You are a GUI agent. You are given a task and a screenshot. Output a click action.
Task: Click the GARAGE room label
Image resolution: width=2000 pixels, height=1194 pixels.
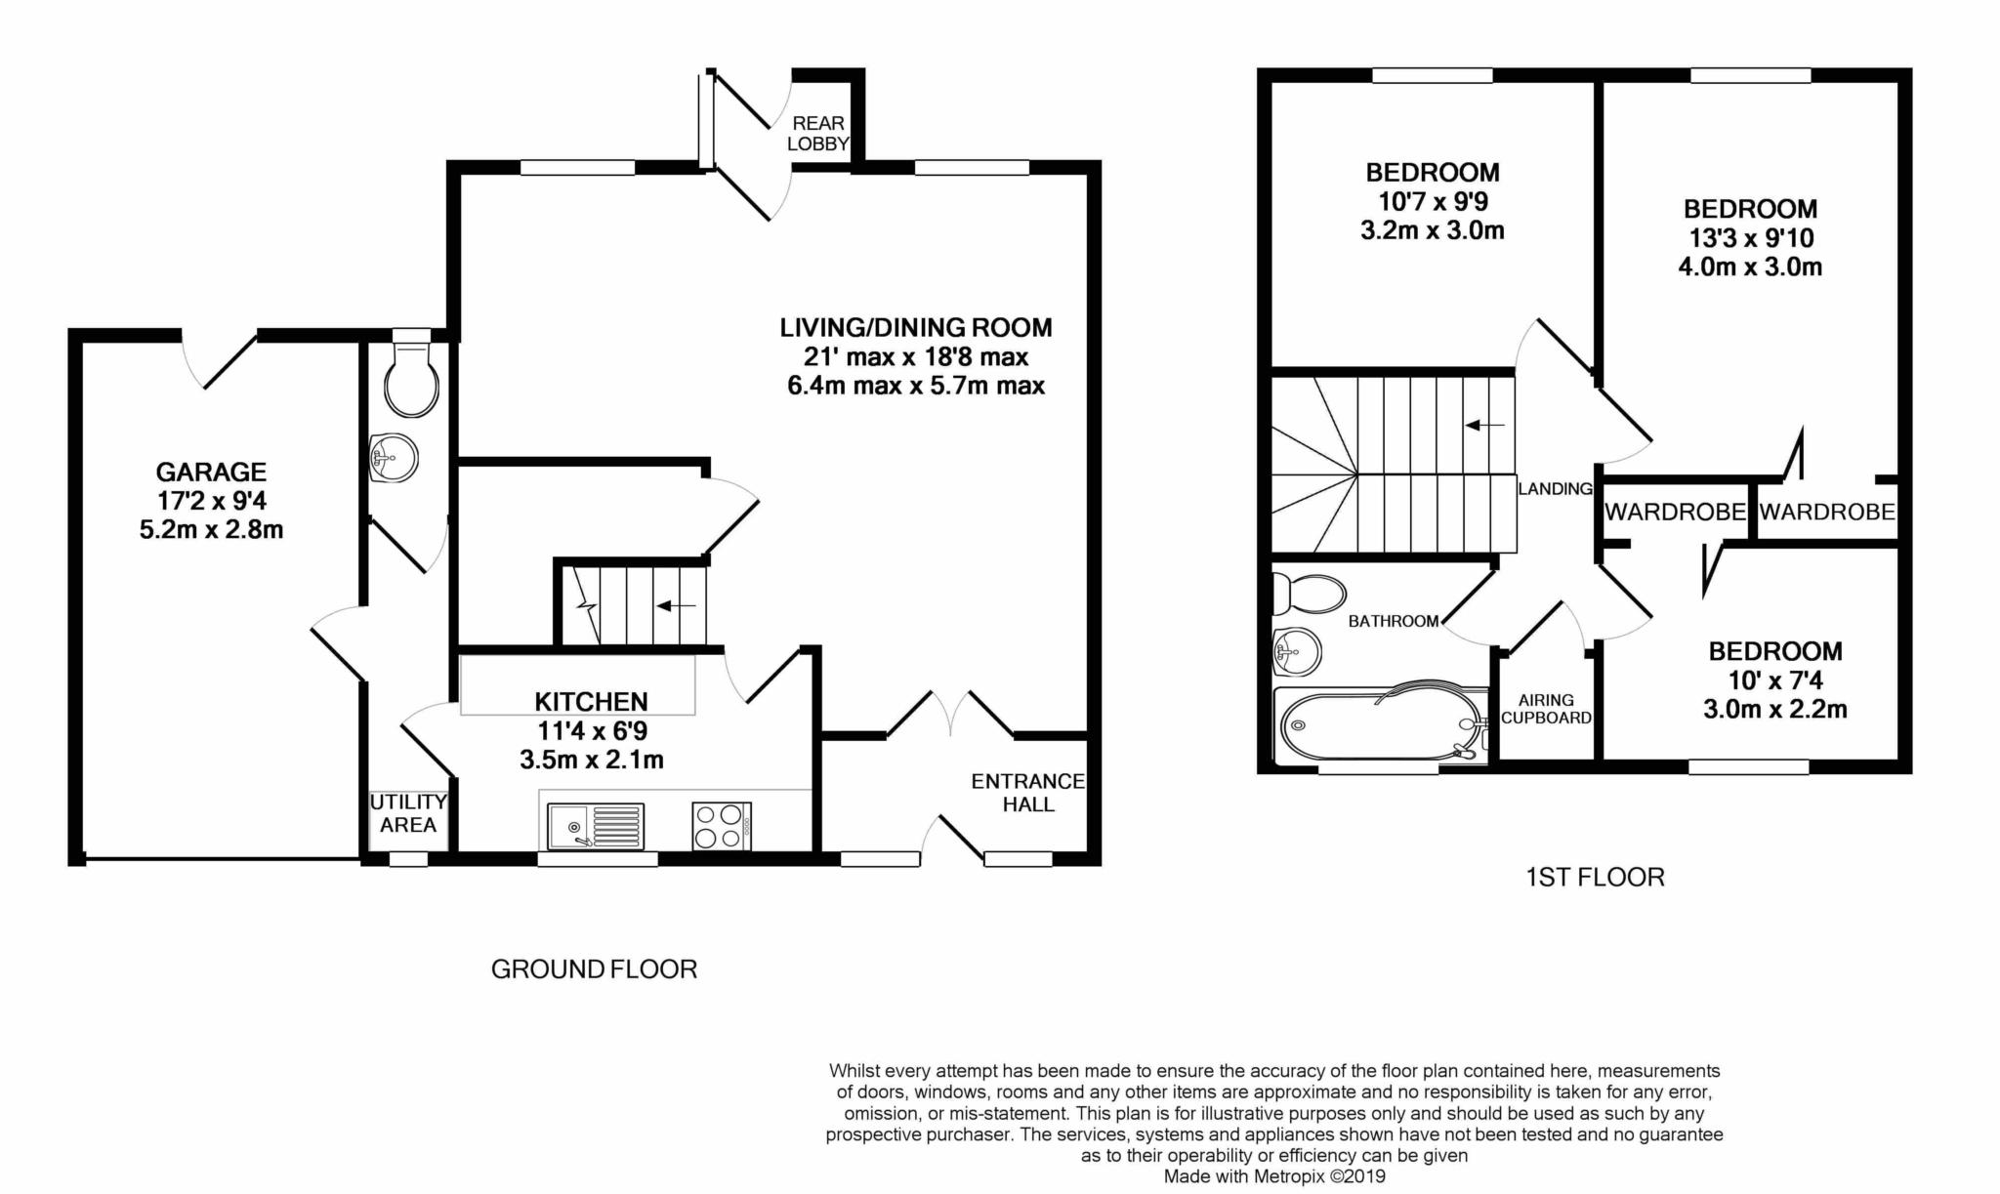click(211, 473)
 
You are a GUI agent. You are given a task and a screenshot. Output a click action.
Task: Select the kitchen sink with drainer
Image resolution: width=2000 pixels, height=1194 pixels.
click(595, 826)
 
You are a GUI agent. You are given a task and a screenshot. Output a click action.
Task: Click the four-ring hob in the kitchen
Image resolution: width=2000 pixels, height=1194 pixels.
click(721, 825)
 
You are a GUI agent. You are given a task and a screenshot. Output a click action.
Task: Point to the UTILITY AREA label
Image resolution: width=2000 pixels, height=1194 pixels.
click(408, 813)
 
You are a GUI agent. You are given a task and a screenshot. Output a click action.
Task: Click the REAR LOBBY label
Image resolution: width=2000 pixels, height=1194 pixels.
click(818, 134)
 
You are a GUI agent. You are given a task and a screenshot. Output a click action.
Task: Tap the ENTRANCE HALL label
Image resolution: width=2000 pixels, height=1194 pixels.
click(1027, 793)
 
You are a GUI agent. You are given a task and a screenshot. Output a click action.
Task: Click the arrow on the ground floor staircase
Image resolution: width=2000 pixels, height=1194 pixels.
click(676, 606)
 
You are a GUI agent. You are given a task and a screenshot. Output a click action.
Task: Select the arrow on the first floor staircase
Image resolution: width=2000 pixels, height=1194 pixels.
click(1485, 425)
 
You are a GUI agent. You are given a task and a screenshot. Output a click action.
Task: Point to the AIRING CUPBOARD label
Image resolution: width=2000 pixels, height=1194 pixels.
click(1546, 709)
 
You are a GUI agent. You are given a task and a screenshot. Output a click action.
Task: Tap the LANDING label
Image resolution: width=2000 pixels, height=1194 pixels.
click(1555, 489)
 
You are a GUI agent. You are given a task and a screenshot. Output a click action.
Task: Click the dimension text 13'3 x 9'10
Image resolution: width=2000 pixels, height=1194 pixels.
click(1750, 238)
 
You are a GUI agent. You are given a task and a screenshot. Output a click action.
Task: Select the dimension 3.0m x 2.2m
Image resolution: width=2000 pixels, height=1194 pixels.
click(1775, 710)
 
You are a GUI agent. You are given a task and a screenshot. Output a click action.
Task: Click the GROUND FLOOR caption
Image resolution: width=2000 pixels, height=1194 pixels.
click(594, 969)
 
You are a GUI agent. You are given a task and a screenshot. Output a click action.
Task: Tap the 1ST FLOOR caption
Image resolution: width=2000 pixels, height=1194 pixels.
click(1595, 878)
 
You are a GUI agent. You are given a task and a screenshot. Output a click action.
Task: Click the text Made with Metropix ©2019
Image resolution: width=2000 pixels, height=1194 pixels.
click(1274, 1177)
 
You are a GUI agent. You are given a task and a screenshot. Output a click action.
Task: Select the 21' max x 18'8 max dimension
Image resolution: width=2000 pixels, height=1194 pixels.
click(916, 357)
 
